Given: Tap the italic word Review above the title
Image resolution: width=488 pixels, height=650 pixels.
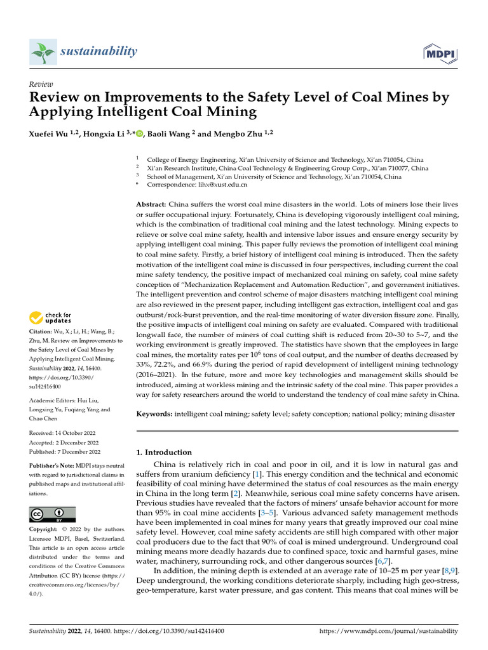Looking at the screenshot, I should (41, 84).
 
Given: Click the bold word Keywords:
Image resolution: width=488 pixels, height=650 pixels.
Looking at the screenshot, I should (154, 414).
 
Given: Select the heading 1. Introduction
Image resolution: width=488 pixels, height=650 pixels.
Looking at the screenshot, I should (165, 453).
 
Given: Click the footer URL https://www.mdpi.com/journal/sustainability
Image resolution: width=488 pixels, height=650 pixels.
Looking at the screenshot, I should (388, 631).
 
